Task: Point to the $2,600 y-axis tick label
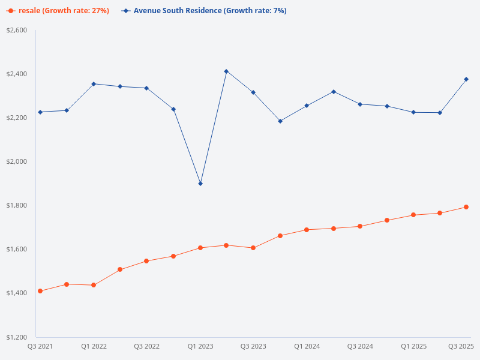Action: click(x=17, y=30)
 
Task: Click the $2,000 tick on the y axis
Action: click(x=17, y=161)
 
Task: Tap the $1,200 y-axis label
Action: click(x=17, y=337)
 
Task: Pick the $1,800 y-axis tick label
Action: click(x=17, y=205)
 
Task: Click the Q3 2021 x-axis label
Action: click(x=40, y=346)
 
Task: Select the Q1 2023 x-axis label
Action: click(x=200, y=346)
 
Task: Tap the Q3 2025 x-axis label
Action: click(x=461, y=346)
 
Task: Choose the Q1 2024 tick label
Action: click(x=307, y=346)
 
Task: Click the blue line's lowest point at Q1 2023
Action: click(x=200, y=184)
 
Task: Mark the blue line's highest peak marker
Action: click(x=226, y=71)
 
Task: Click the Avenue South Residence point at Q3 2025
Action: click(x=466, y=79)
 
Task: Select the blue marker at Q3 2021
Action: click(x=40, y=112)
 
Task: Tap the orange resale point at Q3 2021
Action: click(x=40, y=291)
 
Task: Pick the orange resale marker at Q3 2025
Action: click(x=466, y=207)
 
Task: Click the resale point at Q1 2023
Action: click(x=200, y=248)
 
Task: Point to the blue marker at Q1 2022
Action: click(x=94, y=84)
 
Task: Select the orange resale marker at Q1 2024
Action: click(x=307, y=230)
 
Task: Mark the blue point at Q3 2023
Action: click(x=253, y=92)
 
